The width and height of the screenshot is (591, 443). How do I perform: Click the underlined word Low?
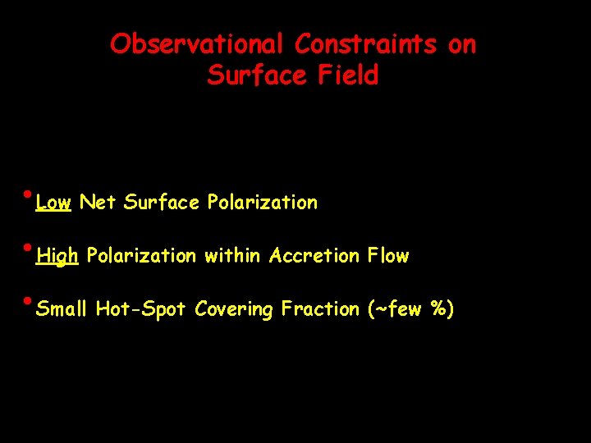coord(54,203)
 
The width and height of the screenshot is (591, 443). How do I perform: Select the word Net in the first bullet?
coord(98,203)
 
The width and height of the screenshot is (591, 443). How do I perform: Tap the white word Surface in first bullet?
coord(162,203)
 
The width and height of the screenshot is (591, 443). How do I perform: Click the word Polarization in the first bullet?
coord(262,203)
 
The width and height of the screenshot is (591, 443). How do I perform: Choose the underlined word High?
coord(57,257)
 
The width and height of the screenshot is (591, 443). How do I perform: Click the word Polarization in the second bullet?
coord(141,256)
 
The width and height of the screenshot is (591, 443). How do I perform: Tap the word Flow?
coord(388,256)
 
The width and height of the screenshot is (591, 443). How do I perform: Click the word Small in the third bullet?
coord(62,309)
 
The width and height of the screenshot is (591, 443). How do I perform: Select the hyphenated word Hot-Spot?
coord(141,309)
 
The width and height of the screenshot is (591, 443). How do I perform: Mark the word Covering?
coord(234,310)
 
